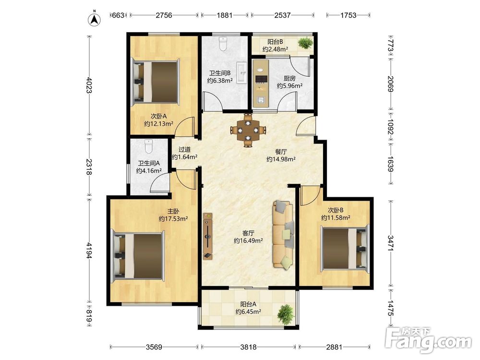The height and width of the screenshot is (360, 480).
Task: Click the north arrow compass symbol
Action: pos(95,19)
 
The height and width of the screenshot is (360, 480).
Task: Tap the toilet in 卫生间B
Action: pos(223,44)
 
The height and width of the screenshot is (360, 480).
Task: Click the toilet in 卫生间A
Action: pos(148,146)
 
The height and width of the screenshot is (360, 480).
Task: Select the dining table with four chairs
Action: pos(248,130)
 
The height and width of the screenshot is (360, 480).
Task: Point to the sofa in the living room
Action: pos(284,235)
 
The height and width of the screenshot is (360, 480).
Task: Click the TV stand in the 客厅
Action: pos(208,236)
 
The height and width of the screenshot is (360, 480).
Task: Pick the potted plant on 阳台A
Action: pos(286,314)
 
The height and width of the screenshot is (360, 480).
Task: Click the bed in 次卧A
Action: pos(155,82)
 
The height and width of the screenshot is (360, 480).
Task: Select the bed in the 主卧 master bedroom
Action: pos(138,256)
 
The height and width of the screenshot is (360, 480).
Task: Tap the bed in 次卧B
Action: pos(344,248)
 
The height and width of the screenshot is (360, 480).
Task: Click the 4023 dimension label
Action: pos(89,85)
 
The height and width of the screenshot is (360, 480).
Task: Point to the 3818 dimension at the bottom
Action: pos(248,347)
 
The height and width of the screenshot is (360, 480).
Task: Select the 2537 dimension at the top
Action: pos(282,15)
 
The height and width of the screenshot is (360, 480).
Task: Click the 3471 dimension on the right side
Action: pos(391,243)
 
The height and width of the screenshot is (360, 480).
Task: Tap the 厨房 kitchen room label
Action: pos(289,79)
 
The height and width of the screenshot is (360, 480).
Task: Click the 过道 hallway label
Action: pos(185,149)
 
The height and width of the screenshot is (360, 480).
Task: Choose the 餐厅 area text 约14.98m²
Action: pos(281,159)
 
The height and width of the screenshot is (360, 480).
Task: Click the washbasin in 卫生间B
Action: pos(241,72)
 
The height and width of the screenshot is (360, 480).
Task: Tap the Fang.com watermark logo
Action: pos(428,340)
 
